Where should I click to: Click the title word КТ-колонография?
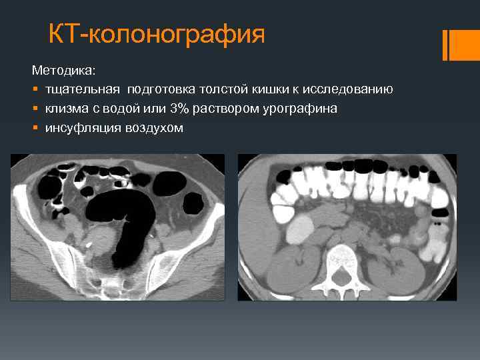157,34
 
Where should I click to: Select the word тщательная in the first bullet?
82,89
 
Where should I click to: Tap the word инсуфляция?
79,127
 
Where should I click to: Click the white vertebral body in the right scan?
344,257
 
